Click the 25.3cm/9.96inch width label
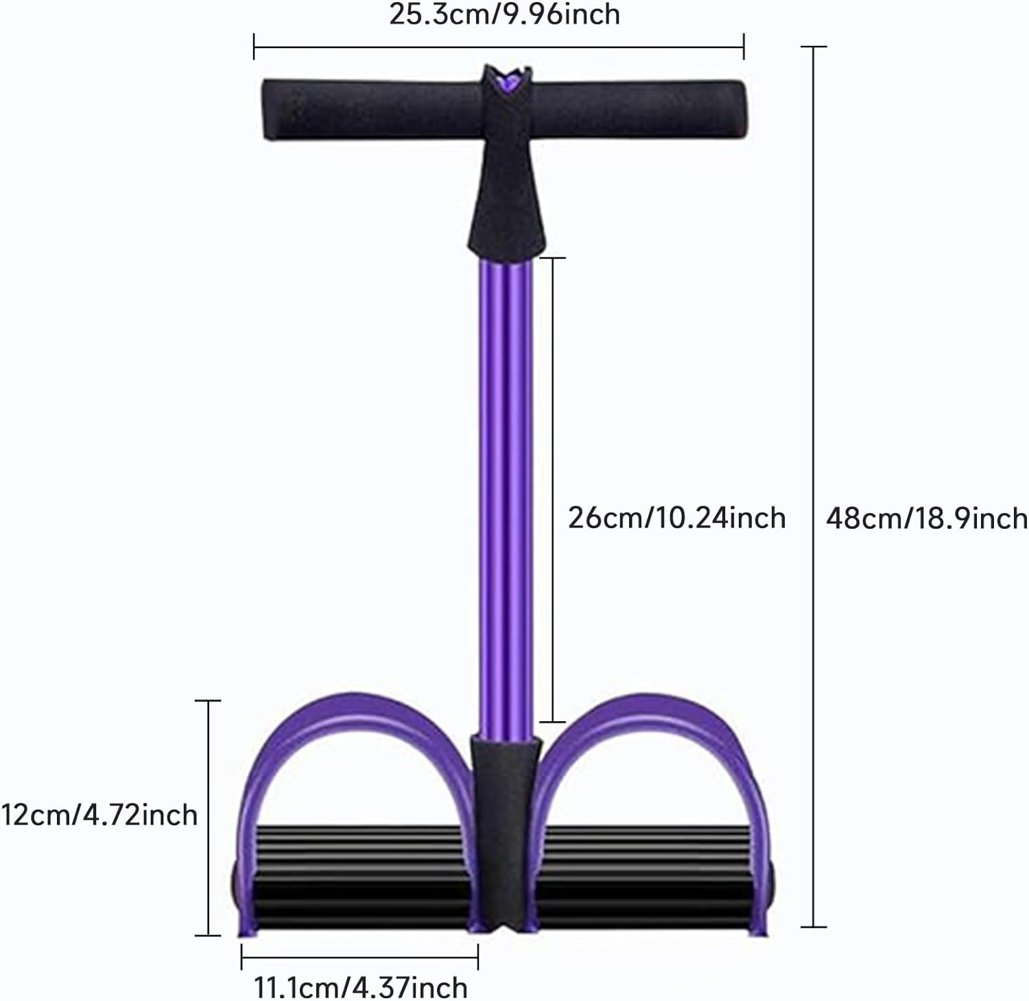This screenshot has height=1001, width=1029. click(504, 14)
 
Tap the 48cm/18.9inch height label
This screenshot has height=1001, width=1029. click(926, 518)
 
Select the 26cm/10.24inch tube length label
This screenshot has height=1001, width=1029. click(676, 517)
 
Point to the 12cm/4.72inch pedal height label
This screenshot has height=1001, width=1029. click(99, 814)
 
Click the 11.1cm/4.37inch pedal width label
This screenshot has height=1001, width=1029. click(361, 988)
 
